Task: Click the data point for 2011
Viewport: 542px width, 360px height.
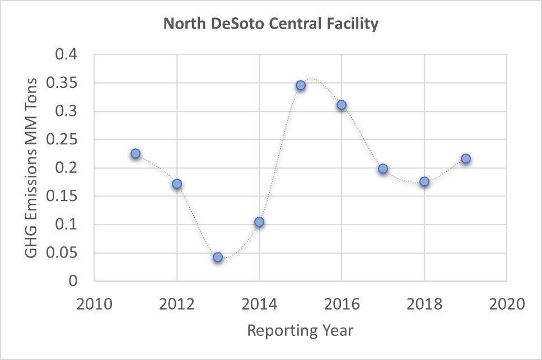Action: [135, 154]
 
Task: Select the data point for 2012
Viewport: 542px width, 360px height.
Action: [177, 184]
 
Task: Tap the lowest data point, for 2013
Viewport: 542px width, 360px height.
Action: [218, 257]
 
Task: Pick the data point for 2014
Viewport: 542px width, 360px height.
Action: [259, 222]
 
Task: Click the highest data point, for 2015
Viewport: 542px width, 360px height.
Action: [301, 85]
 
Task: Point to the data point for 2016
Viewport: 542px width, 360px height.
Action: [342, 105]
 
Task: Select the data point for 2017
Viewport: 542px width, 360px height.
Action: [383, 169]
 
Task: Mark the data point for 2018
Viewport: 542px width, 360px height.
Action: [424, 181]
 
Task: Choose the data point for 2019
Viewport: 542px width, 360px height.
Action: [465, 158]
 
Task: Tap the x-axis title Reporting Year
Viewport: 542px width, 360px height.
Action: [301, 331]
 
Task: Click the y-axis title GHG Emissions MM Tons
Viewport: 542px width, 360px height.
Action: [32, 168]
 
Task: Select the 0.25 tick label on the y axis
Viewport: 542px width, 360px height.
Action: [67, 140]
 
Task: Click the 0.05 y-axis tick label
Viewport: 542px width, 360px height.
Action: [67, 253]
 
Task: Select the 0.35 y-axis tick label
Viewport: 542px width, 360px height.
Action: [67, 83]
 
